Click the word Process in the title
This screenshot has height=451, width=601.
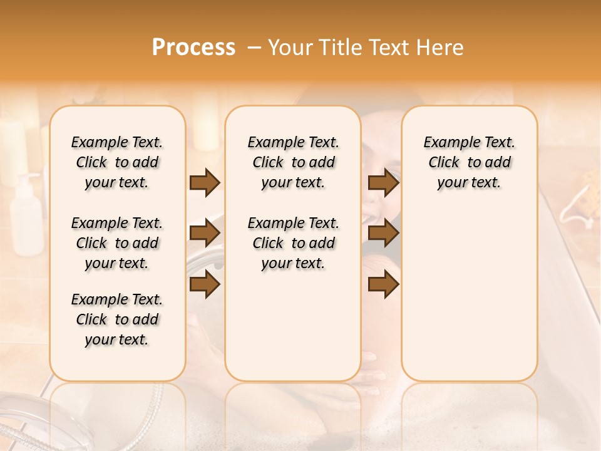[193, 47]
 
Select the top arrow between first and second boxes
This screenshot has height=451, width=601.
[205, 183]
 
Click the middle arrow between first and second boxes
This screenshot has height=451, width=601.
[205, 234]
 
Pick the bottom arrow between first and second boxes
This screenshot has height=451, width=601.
[205, 284]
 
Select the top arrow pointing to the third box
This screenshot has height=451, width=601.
[383, 183]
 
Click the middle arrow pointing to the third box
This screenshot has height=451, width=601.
[383, 234]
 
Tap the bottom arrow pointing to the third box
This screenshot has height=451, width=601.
[383, 284]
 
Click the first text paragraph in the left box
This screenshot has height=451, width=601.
[117, 162]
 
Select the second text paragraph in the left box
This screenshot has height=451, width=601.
[117, 243]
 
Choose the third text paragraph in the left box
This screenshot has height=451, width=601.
[117, 319]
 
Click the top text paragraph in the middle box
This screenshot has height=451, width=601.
[293, 162]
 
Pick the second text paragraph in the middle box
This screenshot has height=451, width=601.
[293, 243]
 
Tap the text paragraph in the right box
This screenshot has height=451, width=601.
[469, 162]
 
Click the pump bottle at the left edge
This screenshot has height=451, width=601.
[26, 216]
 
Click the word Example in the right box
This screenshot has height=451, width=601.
[446, 143]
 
